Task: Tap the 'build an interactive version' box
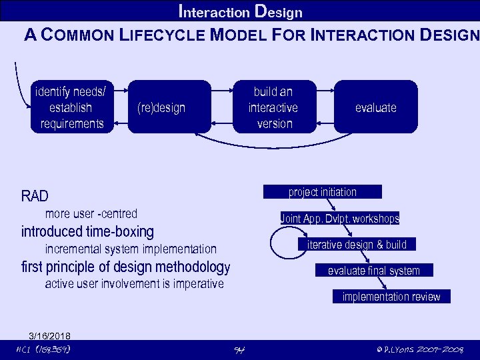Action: pyautogui.click(x=273, y=107)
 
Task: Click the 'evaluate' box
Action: pyautogui.click(x=375, y=107)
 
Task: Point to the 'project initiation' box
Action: pyautogui.click(x=323, y=192)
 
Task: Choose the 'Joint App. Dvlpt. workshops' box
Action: pyautogui.click(x=340, y=219)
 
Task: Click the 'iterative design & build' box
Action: pyautogui.click(x=357, y=245)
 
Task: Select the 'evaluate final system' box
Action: pyautogui.click(x=374, y=271)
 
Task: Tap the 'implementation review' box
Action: pyautogui.click(x=391, y=297)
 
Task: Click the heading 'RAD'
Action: pyautogui.click(x=35, y=196)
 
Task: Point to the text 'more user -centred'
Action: pyautogui.click(x=91, y=214)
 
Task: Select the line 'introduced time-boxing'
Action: pyautogui.click(x=87, y=232)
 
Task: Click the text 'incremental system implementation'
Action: pyautogui.click(x=131, y=249)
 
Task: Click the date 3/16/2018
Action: pyautogui.click(x=50, y=335)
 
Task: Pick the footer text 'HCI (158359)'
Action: pyautogui.click(x=43, y=349)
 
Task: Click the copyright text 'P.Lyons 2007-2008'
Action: pyautogui.click(x=419, y=349)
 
